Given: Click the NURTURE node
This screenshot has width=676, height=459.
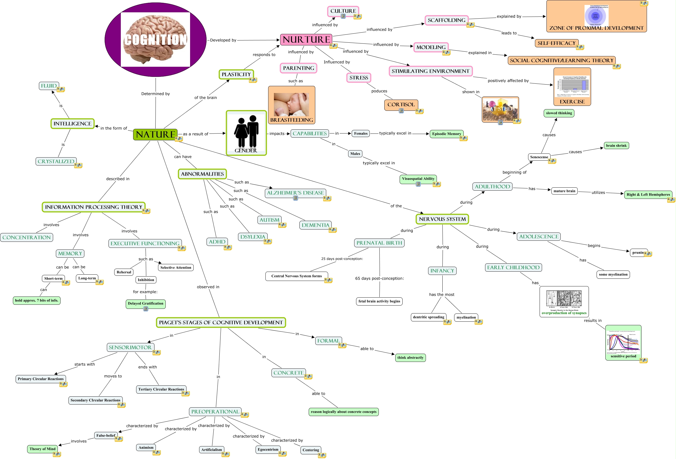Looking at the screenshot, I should (x=306, y=39).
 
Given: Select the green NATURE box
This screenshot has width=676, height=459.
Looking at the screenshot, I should (x=155, y=135).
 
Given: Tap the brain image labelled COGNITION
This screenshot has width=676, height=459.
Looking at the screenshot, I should (x=155, y=39).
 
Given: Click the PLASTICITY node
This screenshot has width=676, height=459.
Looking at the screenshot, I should (x=236, y=74).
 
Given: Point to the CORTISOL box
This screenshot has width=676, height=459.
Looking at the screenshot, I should (x=401, y=104).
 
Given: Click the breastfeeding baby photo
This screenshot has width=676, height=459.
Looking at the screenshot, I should (x=291, y=104).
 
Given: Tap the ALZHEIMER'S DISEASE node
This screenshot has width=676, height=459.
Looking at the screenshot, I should (x=295, y=193).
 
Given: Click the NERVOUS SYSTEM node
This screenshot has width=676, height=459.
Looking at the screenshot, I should (x=442, y=219).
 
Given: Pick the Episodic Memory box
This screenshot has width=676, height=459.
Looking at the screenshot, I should (x=446, y=134).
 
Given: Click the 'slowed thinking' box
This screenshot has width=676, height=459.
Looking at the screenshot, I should (x=558, y=113).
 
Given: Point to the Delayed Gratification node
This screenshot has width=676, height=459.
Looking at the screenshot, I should (x=145, y=303).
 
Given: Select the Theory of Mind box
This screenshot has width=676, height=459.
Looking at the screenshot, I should (x=42, y=449).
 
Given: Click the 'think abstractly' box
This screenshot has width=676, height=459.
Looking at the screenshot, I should (x=410, y=358).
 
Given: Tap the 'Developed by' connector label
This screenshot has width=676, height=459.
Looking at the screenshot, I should (x=223, y=40).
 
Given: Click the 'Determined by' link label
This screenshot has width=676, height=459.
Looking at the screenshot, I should (x=155, y=94).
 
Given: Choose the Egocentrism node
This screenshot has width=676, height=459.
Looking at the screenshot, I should (x=268, y=449).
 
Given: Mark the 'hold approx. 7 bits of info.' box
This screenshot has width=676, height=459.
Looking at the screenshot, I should (x=37, y=300).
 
